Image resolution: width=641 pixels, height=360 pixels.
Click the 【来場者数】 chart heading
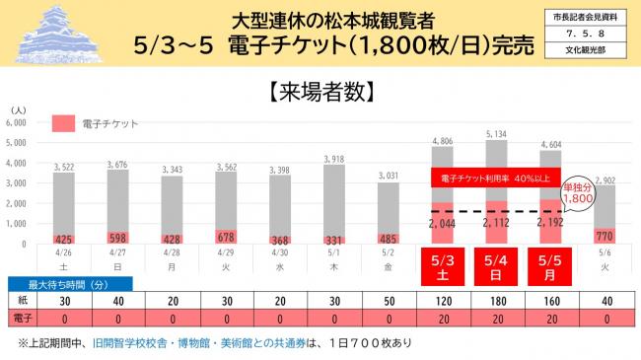tap(320, 93)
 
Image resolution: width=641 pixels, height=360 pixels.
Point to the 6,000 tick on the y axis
tap(15, 123)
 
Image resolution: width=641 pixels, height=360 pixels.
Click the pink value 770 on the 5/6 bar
tap(604, 236)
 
